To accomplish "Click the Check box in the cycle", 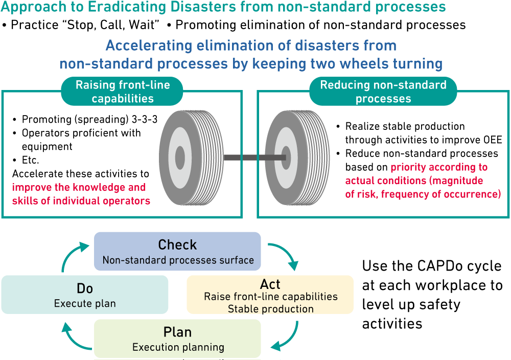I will click(177, 251).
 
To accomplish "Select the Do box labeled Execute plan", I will click(85, 295).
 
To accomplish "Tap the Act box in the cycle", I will click(270, 295).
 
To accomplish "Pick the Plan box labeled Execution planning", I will click(177, 339).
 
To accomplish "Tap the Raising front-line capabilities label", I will click(123, 92).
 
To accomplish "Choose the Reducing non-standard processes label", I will click(383, 92).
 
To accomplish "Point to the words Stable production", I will click(270, 308).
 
